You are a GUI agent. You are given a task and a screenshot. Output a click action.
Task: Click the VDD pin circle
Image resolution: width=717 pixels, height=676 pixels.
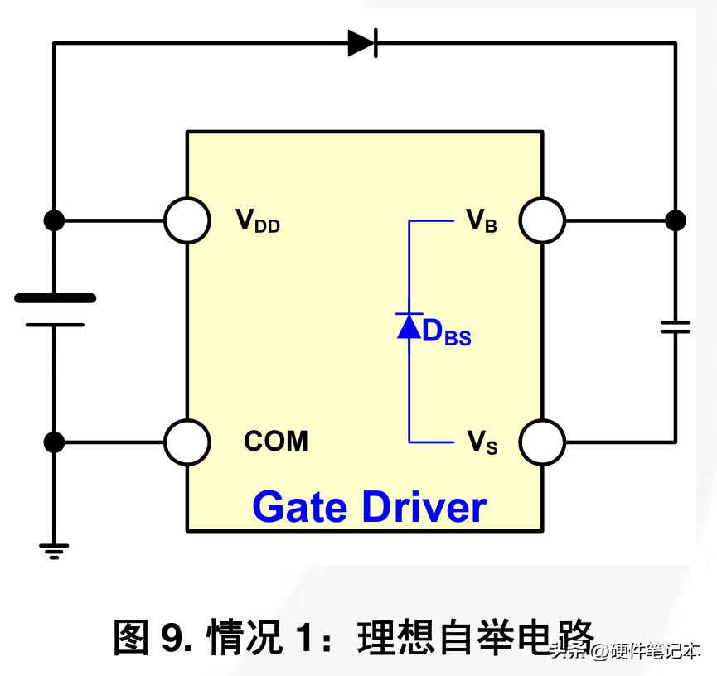[x=187, y=220]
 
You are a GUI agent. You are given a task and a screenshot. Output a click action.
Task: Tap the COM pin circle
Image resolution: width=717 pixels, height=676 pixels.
[x=187, y=442]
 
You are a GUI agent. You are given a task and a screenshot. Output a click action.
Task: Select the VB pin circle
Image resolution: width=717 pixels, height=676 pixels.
[x=542, y=220]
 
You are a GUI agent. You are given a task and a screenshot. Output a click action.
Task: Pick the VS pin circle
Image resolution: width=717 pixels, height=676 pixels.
[x=542, y=442]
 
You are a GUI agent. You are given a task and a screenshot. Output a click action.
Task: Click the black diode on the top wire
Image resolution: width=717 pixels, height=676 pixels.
[x=362, y=43]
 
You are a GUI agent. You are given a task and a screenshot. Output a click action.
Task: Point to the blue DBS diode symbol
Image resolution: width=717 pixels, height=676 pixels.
[x=409, y=326]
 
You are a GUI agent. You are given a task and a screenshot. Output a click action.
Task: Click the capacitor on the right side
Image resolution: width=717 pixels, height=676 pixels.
[x=676, y=326]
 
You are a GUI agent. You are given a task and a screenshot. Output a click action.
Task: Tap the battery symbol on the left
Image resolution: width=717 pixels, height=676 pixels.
[x=55, y=311]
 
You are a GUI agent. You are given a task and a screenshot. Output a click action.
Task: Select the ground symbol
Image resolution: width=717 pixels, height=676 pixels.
[x=54, y=552]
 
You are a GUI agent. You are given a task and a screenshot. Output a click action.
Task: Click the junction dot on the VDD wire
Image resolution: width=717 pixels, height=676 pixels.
[x=54, y=220]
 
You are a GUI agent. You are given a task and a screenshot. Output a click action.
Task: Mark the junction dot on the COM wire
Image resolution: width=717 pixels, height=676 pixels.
[x=54, y=442]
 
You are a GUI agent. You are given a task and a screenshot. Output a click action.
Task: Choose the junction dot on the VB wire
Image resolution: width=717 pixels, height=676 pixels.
[x=676, y=220]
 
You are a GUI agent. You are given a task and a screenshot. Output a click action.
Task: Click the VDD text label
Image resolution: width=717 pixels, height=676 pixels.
[x=258, y=220]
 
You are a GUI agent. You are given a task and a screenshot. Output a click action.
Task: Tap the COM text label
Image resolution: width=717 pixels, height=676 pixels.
[x=276, y=441]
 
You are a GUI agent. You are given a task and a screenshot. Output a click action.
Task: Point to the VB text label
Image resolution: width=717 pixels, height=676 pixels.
[x=481, y=220]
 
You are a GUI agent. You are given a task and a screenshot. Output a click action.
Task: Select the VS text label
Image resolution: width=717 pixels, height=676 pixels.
[x=482, y=442]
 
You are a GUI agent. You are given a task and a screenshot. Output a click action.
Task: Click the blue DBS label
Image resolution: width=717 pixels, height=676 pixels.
[x=446, y=332]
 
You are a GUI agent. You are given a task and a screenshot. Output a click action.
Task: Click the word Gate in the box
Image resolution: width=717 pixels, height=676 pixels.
[x=299, y=506]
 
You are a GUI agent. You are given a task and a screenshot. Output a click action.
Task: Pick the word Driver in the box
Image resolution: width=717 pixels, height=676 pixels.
[x=424, y=506]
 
